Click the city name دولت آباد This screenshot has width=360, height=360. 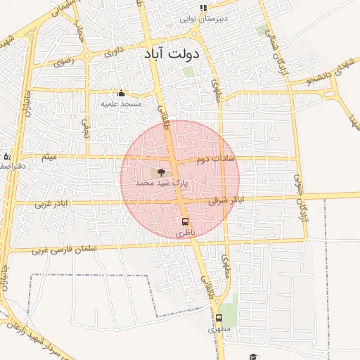coord(172,53)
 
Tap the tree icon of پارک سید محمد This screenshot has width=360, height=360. coord(162,172)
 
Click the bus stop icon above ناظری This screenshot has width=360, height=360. coord(185,222)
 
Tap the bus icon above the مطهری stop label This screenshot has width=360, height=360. coord(219,318)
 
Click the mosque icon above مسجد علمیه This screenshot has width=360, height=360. coord(121,94)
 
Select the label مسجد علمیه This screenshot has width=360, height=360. coord(121,104)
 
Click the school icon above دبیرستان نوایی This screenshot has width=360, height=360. coord(203,8)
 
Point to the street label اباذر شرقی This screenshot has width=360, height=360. coord(229,200)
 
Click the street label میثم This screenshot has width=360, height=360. coord(49,156)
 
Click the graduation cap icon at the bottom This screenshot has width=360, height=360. coord(253,356)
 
